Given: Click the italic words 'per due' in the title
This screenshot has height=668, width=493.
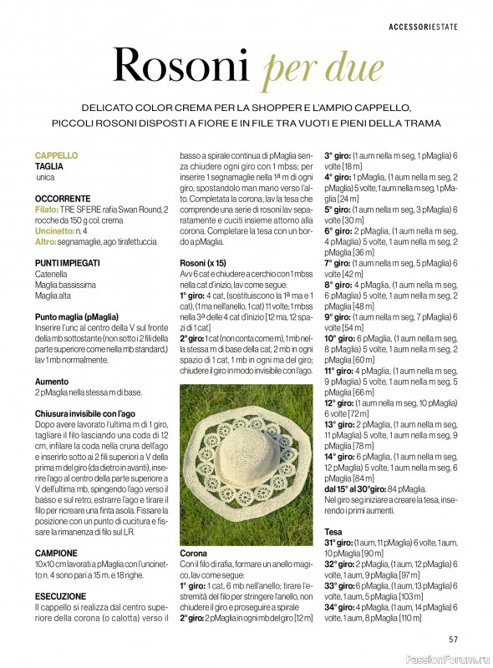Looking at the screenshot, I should [323, 68].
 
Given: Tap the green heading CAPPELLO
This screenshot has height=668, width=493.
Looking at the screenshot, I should [56, 155].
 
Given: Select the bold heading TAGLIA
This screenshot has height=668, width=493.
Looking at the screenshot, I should [49, 167].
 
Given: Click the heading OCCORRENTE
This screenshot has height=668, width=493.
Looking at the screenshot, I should [63, 199].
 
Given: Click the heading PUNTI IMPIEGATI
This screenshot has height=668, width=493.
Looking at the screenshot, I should [68, 262].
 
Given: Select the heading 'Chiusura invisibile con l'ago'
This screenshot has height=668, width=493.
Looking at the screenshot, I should [85, 413].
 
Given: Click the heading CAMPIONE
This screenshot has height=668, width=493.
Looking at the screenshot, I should [56, 553].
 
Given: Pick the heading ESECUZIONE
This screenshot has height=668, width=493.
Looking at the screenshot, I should [60, 596].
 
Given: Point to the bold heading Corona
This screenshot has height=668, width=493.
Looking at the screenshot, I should [193, 553].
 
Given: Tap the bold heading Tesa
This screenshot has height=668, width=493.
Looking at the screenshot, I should [333, 531].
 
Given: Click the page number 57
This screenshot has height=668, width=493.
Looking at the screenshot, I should [453, 640].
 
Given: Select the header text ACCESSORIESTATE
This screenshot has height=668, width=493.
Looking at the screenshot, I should [423, 28].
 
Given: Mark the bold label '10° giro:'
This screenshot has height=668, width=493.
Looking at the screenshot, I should [340, 338].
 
